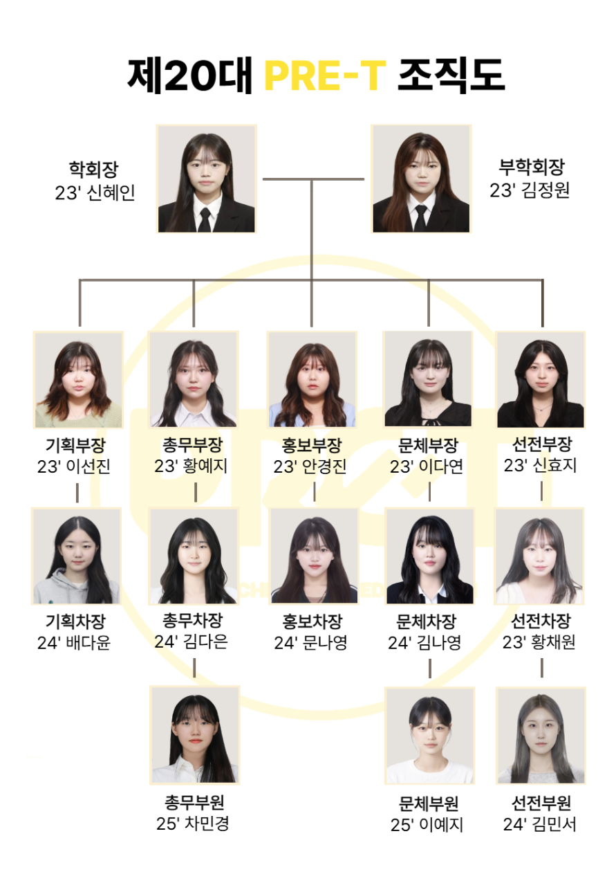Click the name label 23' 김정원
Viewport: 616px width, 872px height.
tap(530, 190)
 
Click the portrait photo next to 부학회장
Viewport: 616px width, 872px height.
tap(421, 179)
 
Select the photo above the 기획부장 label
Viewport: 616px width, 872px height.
tap(78, 379)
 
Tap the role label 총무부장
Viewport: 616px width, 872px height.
tap(193, 444)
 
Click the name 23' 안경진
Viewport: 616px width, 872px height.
tap(310, 466)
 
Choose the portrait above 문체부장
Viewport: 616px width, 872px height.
tap(428, 379)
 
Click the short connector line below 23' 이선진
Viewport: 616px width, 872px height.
tap(77, 492)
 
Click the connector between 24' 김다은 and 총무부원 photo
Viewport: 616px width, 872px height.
tap(194, 668)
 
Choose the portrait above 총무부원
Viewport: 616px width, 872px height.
tap(195, 735)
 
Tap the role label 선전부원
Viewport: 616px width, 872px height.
tap(541, 803)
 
